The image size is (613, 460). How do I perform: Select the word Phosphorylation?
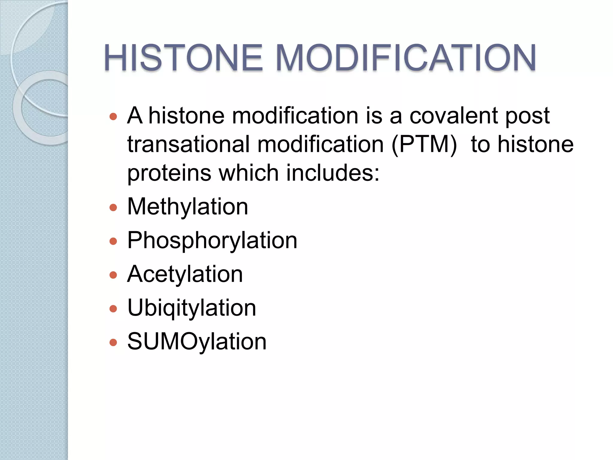(x=212, y=240)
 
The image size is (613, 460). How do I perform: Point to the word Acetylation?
(x=185, y=274)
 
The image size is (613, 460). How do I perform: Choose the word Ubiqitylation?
(x=192, y=308)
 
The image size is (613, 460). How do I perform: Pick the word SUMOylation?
(x=197, y=342)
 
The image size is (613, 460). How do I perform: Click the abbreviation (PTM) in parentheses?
(x=424, y=145)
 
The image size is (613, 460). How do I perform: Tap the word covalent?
(x=453, y=116)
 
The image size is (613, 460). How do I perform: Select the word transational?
(x=188, y=145)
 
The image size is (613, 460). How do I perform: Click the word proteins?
(x=169, y=173)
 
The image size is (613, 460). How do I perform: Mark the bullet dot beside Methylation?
(x=113, y=208)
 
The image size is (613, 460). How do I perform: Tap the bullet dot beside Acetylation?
(x=113, y=275)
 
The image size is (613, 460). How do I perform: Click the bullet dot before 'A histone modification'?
(x=113, y=116)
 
